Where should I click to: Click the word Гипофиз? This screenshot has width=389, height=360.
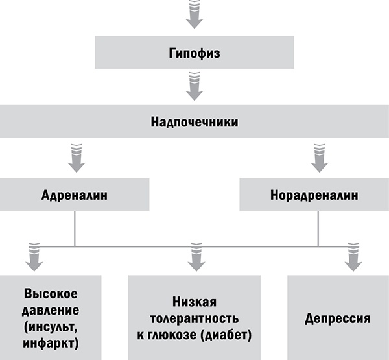194,53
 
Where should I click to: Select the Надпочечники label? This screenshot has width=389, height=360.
194,122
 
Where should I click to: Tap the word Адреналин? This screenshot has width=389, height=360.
75,195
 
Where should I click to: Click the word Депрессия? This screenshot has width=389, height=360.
338,319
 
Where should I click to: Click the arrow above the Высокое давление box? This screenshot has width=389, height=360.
33,257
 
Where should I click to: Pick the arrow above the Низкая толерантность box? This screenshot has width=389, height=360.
194,257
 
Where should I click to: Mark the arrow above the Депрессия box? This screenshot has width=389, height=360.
353,257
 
